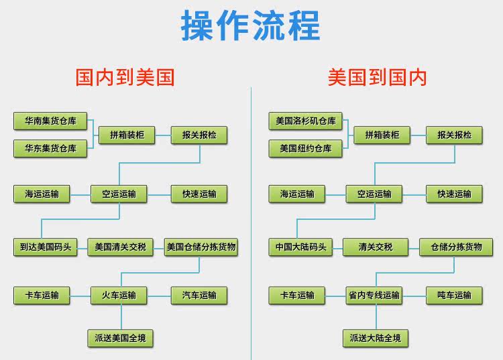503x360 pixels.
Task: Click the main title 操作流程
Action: [251, 25]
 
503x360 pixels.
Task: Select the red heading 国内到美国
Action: [125, 77]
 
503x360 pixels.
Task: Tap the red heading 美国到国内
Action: [377, 77]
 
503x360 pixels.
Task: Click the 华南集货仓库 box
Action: [50, 121]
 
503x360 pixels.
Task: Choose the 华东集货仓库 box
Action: [50, 148]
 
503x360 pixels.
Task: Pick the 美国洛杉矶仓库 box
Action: [306, 121]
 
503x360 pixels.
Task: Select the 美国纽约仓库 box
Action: [306, 148]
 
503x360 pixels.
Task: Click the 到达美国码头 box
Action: [46, 247]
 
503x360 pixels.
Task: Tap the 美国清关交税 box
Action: [120, 247]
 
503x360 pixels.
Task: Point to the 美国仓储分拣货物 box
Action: [201, 247]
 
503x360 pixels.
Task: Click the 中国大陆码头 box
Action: [300, 247]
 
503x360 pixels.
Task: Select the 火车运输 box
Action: [119, 295]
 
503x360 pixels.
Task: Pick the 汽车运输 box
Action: [199, 295]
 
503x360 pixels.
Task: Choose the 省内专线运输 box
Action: [374, 295]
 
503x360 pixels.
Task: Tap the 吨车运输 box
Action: [454, 295]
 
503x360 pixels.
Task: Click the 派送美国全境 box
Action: [120, 338]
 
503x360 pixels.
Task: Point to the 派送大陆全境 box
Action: [376, 338]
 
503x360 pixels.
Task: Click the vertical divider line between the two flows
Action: [251, 223]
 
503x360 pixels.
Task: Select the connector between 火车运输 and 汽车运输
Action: [159, 296]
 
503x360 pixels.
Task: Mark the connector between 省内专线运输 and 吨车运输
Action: [414, 296]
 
